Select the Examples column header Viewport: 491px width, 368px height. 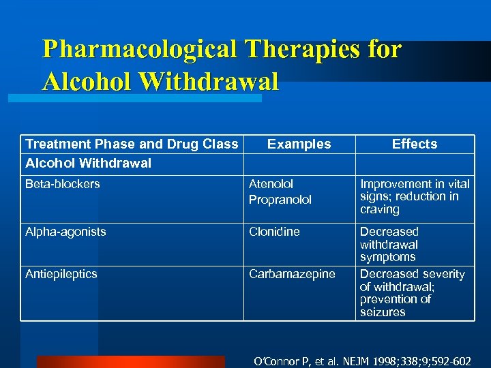[299, 144]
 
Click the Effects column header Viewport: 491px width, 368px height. [415, 144]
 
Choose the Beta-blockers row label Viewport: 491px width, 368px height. [62, 184]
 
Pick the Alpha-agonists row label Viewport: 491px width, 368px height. [65, 232]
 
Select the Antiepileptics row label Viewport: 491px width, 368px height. [61, 274]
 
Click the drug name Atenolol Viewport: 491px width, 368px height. [271, 184]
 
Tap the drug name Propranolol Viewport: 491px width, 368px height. [280, 200]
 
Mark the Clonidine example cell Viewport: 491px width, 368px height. [274, 232]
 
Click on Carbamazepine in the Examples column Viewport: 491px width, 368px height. [292, 274]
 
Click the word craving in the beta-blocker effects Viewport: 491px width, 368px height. [379, 209]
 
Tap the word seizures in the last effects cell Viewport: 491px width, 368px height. [383, 312]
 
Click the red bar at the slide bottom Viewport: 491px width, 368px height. [130, 362]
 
